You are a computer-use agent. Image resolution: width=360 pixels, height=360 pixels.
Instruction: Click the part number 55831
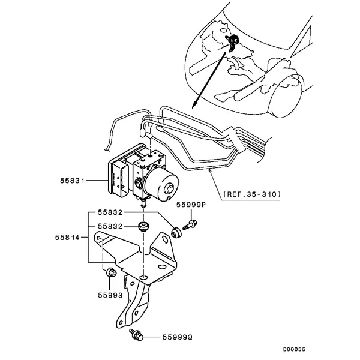coord(73,181)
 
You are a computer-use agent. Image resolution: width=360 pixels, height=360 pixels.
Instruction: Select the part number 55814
coord(67,237)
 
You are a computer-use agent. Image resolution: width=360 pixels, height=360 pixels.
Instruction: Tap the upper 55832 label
coord(110,212)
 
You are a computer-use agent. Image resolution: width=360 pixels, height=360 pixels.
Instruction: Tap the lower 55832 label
coord(110,226)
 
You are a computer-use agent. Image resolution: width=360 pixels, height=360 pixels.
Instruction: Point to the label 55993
coord(110,295)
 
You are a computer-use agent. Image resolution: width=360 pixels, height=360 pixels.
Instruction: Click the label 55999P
coord(191,205)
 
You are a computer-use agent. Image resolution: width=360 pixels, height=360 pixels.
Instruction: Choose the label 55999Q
coord(177,337)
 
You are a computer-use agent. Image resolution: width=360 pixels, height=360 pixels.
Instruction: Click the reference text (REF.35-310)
coord(252,194)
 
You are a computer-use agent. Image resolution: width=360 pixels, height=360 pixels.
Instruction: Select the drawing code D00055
coord(294,349)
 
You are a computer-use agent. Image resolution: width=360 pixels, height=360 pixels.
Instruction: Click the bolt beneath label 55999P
coord(190,224)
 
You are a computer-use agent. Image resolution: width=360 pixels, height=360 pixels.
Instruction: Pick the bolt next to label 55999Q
coord(136,335)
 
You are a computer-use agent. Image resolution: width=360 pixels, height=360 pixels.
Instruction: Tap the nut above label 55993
coord(111,272)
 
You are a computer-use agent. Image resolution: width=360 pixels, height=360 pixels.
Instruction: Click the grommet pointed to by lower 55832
coord(143,227)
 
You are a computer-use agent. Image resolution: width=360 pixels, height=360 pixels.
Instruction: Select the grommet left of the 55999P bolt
coord(176,233)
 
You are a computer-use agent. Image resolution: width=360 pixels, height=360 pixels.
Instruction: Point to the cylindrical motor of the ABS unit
coord(163,185)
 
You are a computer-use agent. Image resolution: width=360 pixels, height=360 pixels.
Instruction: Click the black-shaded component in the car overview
coord(233,43)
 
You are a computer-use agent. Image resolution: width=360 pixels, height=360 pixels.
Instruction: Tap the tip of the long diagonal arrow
coord(193,107)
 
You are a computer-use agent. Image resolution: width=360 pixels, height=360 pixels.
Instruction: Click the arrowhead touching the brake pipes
coord(209,170)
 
